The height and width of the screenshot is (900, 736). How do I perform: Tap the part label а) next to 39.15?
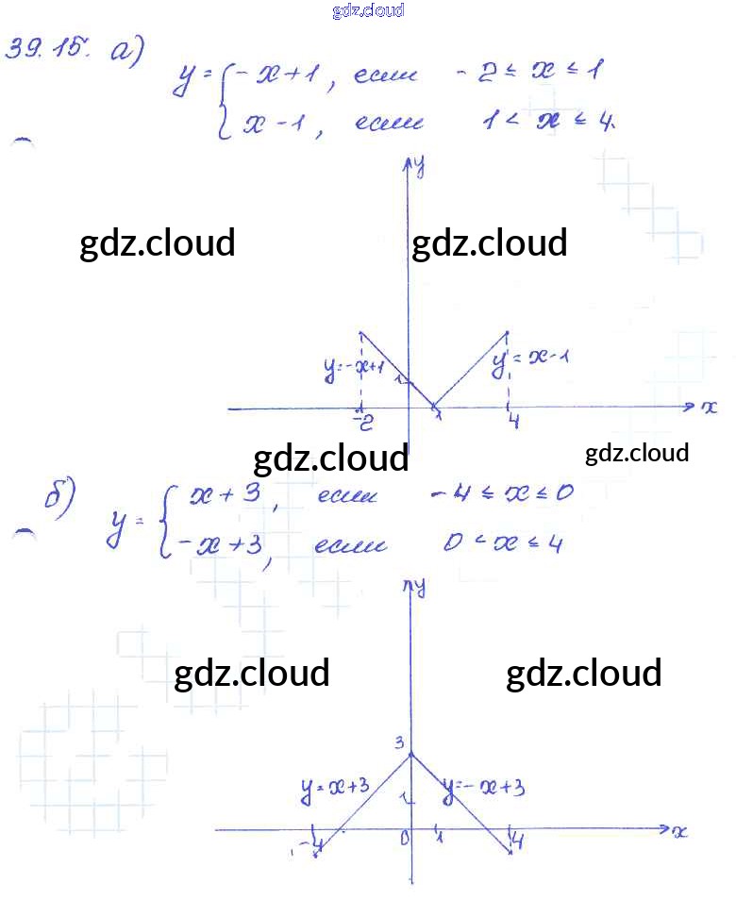pos(125,53)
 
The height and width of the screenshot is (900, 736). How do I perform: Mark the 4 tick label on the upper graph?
pos(512,422)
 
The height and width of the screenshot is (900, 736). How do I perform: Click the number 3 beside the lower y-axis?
pos(400,742)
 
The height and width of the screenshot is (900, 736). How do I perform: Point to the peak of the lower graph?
pos(411,754)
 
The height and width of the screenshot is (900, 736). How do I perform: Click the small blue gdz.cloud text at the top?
pos(368,10)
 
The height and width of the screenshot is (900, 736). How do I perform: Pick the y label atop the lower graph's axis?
pos(419,587)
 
